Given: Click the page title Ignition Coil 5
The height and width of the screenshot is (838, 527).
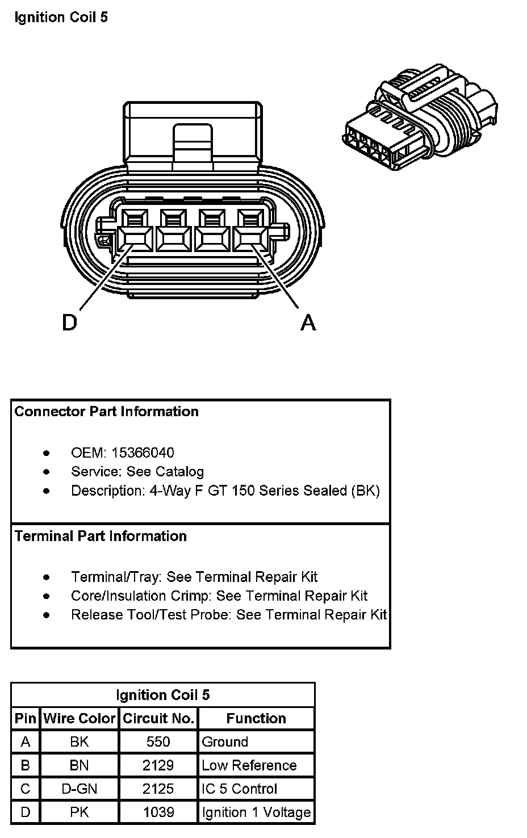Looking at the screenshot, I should (x=61, y=18).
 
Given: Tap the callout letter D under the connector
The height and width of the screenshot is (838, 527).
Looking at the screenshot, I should (x=69, y=322).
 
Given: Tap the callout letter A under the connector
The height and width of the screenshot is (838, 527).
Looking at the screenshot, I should (x=308, y=322).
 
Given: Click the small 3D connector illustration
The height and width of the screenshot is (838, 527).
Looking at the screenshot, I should (x=420, y=119).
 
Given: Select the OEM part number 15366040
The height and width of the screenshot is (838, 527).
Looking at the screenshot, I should (x=143, y=452).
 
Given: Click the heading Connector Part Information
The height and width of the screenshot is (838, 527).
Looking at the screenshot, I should (x=107, y=412).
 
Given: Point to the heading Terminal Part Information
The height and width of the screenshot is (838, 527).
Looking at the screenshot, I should (x=101, y=536).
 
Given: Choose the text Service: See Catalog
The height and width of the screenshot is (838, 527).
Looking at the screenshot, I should (x=137, y=471).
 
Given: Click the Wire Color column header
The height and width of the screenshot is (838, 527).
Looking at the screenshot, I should (x=79, y=718).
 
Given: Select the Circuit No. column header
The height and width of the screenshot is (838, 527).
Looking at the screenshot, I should (x=158, y=718).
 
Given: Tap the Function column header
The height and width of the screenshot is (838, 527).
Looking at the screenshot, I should (x=256, y=718).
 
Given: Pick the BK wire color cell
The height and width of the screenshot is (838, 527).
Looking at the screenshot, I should (x=79, y=741).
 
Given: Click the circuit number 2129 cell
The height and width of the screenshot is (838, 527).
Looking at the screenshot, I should (x=158, y=765).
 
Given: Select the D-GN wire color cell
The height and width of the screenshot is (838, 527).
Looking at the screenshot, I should (x=79, y=789).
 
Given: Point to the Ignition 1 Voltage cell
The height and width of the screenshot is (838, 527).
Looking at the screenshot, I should (x=256, y=812).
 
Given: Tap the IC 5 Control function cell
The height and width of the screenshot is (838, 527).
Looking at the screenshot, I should (x=239, y=789).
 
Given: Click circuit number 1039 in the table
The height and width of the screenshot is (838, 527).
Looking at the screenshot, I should (x=158, y=812).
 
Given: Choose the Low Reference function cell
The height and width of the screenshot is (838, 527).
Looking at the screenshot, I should (x=249, y=765).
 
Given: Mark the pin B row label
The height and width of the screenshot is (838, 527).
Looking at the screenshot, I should (x=25, y=765).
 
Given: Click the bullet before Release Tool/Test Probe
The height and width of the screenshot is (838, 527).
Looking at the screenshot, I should (x=47, y=615).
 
